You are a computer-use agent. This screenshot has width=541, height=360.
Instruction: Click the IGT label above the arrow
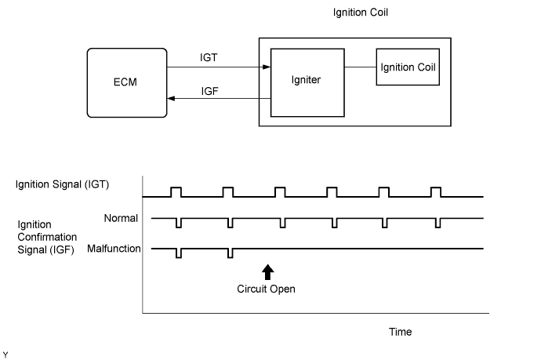pos(209,57)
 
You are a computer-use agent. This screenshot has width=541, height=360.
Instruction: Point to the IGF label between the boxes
pos(210,91)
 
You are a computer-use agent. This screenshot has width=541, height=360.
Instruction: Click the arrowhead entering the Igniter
pos(267,67)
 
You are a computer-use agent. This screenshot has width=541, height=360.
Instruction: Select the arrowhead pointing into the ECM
pos(171,98)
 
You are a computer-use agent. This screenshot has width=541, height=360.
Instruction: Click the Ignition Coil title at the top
pos(361,13)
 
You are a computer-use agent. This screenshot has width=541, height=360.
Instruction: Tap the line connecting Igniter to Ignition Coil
pos(360,67)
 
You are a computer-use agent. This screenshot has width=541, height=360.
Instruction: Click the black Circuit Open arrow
pos(267,272)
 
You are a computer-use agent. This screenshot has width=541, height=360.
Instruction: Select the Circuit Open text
pos(266,289)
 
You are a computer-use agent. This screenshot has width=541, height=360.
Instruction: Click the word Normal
pos(121,218)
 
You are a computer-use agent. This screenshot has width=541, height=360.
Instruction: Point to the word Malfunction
pos(114,249)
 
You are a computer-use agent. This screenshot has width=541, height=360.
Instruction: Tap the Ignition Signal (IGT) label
pos(62,184)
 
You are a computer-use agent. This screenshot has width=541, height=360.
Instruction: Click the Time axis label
pos(400,332)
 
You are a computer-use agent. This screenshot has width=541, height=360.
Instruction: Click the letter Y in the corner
pos(5,355)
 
